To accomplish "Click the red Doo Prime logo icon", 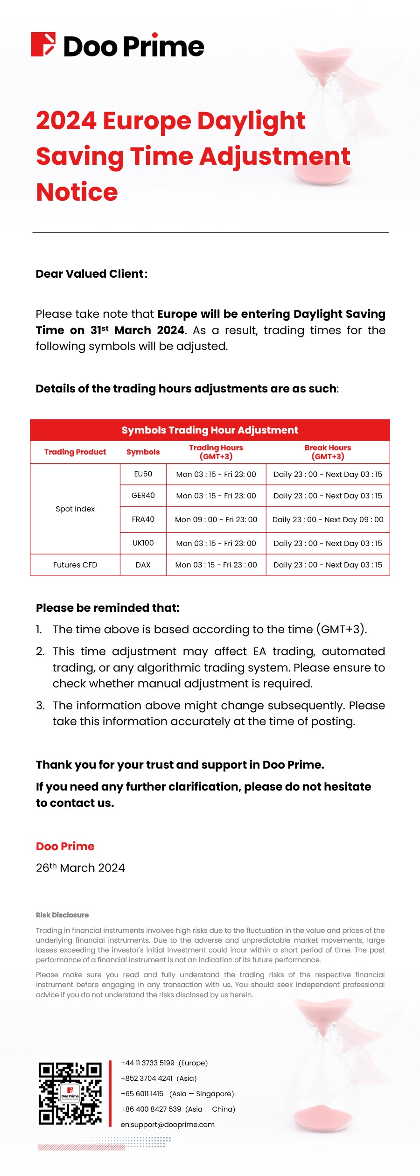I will tap(43, 45).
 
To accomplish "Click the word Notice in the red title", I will tap(77, 192).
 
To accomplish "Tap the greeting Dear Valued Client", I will tap(91, 274).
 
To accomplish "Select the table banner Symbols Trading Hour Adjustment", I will tap(210, 430).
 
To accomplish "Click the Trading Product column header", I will tap(75, 452).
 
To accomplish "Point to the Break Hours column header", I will tap(328, 452).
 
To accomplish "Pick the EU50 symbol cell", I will tap(143, 474).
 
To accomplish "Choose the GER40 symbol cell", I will tap(143, 496).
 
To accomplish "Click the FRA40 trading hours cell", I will tap(216, 519).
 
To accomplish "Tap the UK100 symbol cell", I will tap(143, 543).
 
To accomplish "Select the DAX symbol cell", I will tap(143, 565).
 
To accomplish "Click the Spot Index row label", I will tap(75, 509).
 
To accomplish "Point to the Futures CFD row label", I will tap(75, 565).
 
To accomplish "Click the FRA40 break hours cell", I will tap(328, 519).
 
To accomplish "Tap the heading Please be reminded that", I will tap(108, 608).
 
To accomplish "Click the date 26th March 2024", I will tap(80, 868).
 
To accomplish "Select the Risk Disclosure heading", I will tap(62, 915).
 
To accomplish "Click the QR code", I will tap(70, 1093).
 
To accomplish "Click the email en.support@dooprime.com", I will tap(168, 1124).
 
